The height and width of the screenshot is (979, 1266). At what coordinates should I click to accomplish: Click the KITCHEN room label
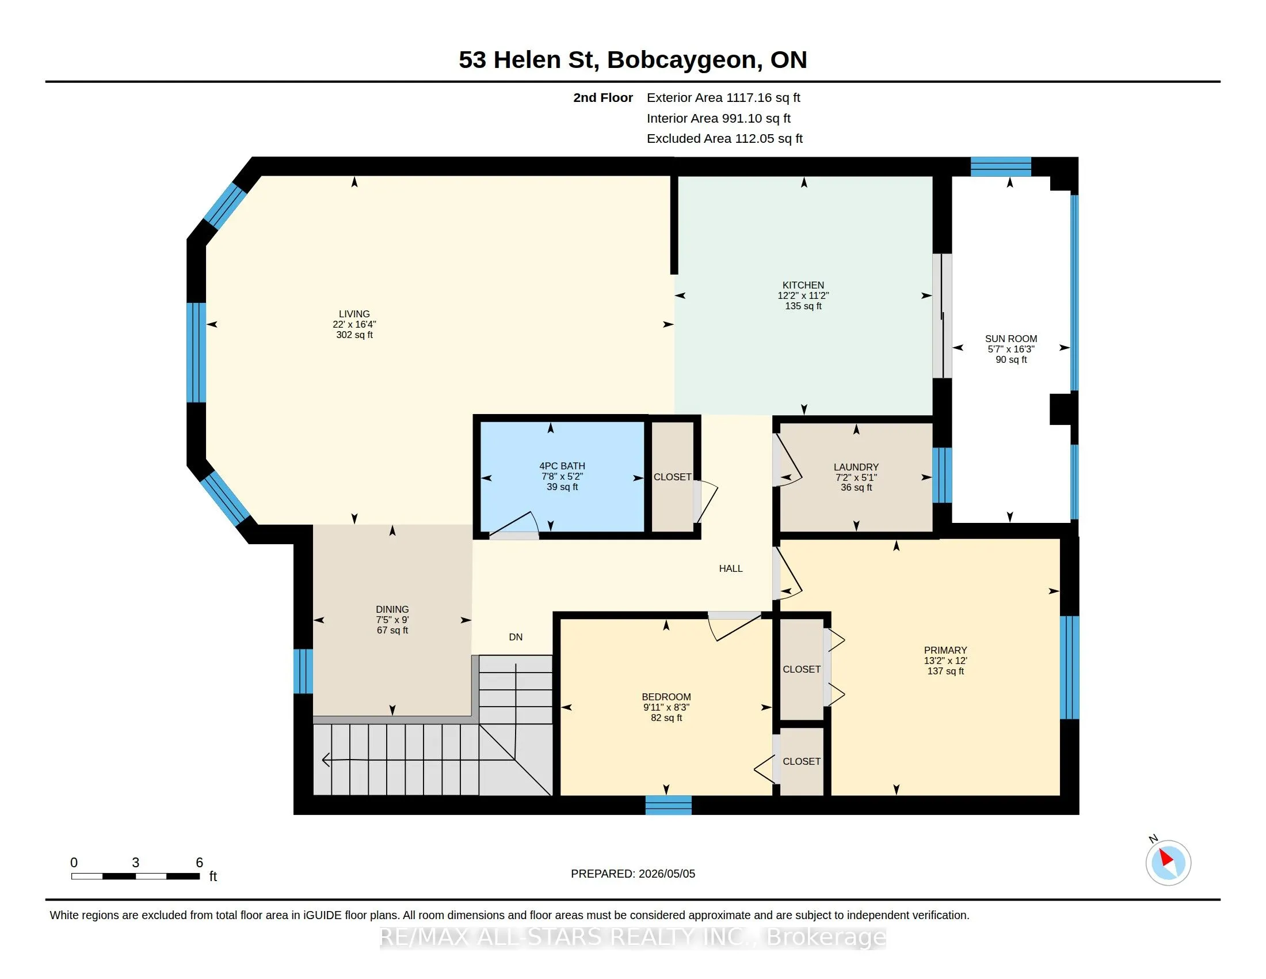pyautogui.click(x=803, y=285)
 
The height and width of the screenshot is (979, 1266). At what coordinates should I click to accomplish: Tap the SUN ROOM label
pyautogui.click(x=1011, y=339)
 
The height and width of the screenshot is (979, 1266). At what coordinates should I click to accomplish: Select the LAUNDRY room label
pyautogui.click(x=856, y=467)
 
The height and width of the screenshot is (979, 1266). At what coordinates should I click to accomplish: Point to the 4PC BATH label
pyautogui.click(x=562, y=466)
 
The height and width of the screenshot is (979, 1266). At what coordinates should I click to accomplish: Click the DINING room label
pyautogui.click(x=392, y=609)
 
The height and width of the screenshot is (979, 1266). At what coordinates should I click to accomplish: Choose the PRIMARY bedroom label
pyautogui.click(x=945, y=650)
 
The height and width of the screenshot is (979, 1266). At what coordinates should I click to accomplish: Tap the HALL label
pyautogui.click(x=730, y=568)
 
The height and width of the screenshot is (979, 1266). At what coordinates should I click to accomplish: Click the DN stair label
pyautogui.click(x=516, y=637)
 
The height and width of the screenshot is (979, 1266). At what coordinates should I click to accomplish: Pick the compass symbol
pyautogui.click(x=1168, y=863)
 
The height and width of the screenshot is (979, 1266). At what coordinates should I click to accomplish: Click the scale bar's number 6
pyautogui.click(x=200, y=863)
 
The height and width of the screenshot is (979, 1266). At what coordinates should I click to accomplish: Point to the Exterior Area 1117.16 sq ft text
pyautogui.click(x=723, y=97)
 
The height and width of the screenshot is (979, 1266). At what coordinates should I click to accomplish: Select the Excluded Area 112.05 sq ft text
pyautogui.click(x=724, y=138)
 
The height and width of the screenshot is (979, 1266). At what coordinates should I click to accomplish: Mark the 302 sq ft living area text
pyautogui.click(x=354, y=335)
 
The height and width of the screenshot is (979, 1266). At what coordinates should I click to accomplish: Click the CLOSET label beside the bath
pyautogui.click(x=672, y=477)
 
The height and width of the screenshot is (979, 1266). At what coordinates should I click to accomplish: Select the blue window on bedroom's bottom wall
pyautogui.click(x=668, y=805)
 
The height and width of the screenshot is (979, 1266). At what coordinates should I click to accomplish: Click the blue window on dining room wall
pyautogui.click(x=303, y=671)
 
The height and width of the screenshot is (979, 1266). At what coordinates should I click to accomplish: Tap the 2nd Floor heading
pyautogui.click(x=603, y=97)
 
